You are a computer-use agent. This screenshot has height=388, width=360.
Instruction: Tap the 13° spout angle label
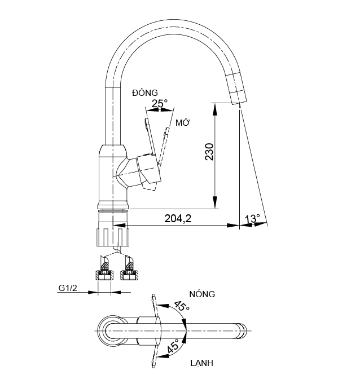(253, 218)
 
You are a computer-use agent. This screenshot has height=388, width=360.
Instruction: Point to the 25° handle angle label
(160, 103)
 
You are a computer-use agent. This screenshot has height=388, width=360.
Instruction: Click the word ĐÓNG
(145, 92)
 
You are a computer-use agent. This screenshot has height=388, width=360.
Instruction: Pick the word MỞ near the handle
(182, 122)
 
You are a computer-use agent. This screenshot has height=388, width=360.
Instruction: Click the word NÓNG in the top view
(203, 294)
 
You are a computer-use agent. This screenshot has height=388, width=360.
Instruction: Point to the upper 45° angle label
(181, 307)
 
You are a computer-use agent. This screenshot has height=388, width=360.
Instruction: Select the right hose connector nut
(129, 275)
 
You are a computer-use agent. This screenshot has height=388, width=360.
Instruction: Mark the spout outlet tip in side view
(239, 102)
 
